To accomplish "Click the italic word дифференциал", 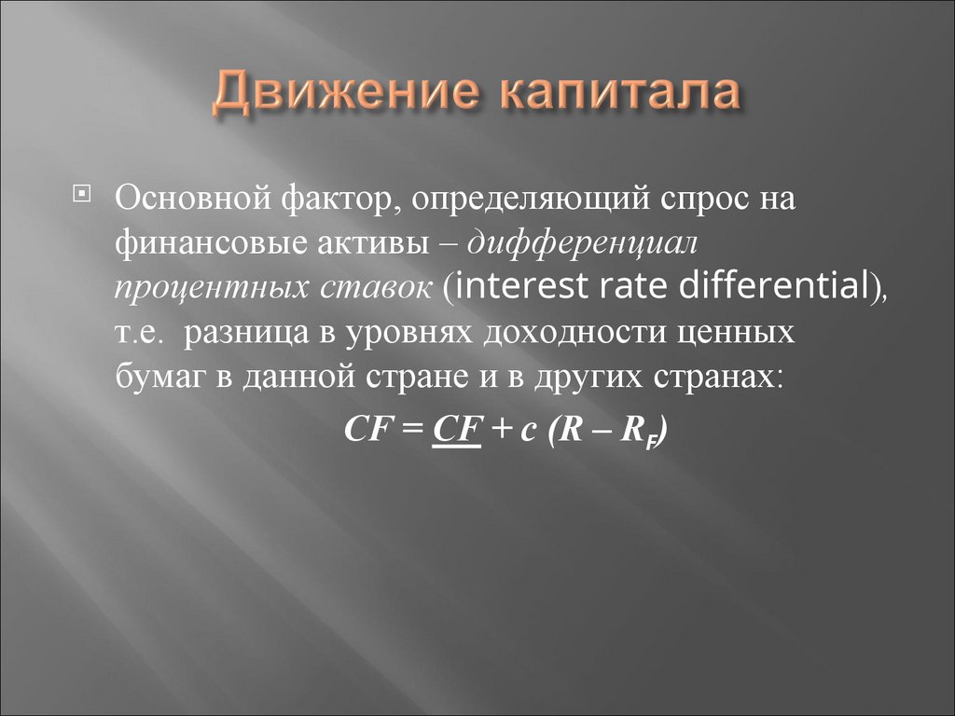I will (x=583, y=244).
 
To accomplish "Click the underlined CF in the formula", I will (x=456, y=432).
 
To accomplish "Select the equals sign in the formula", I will (x=411, y=432).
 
